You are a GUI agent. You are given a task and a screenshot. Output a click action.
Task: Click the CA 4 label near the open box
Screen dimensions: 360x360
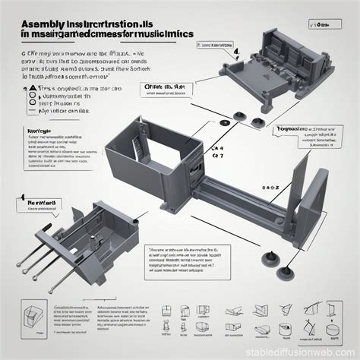point(219,150)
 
